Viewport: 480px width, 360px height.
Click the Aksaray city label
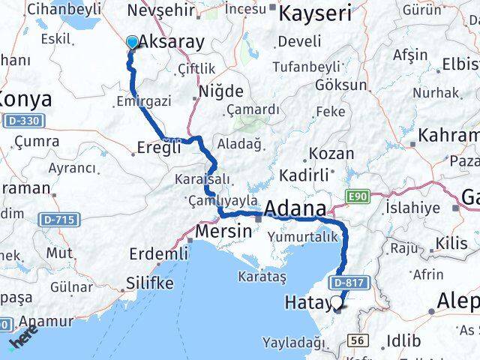[x=172, y=42]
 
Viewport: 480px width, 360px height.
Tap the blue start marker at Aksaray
[x=133, y=43]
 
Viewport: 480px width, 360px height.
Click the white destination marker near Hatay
[x=337, y=303]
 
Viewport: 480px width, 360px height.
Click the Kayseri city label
[x=316, y=13]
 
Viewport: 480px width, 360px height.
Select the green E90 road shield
[x=358, y=196]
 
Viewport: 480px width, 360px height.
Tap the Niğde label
[x=220, y=91]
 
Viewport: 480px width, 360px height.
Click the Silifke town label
[x=148, y=283]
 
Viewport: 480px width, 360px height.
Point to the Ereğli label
[x=158, y=148]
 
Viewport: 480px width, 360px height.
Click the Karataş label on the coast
[x=262, y=277]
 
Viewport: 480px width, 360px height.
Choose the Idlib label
[x=402, y=340]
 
